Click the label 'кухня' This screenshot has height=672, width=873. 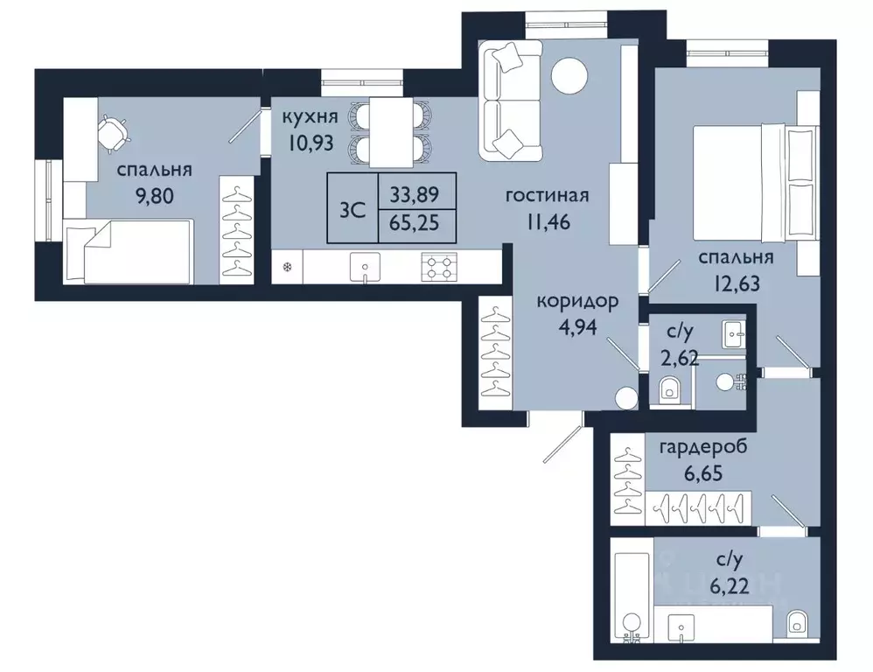[x=311, y=117]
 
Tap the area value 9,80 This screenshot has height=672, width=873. [x=155, y=196]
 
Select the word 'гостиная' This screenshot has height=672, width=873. [x=547, y=195]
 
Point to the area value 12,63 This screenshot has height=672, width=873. [x=736, y=283]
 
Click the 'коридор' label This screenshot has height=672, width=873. [x=577, y=303]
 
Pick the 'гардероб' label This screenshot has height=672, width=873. [x=703, y=448]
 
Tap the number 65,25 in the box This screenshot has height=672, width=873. [x=415, y=223]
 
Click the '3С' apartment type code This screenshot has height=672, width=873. [x=353, y=210]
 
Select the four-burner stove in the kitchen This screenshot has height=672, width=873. [x=439, y=266]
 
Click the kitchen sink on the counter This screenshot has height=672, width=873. [x=366, y=267]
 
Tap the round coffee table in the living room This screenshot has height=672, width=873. [x=569, y=76]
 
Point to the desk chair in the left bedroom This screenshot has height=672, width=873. [x=114, y=133]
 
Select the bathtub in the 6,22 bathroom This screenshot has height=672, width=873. [x=632, y=596]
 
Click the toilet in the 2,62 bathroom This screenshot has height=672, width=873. [x=668, y=388]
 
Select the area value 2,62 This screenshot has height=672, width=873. [x=680, y=355]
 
